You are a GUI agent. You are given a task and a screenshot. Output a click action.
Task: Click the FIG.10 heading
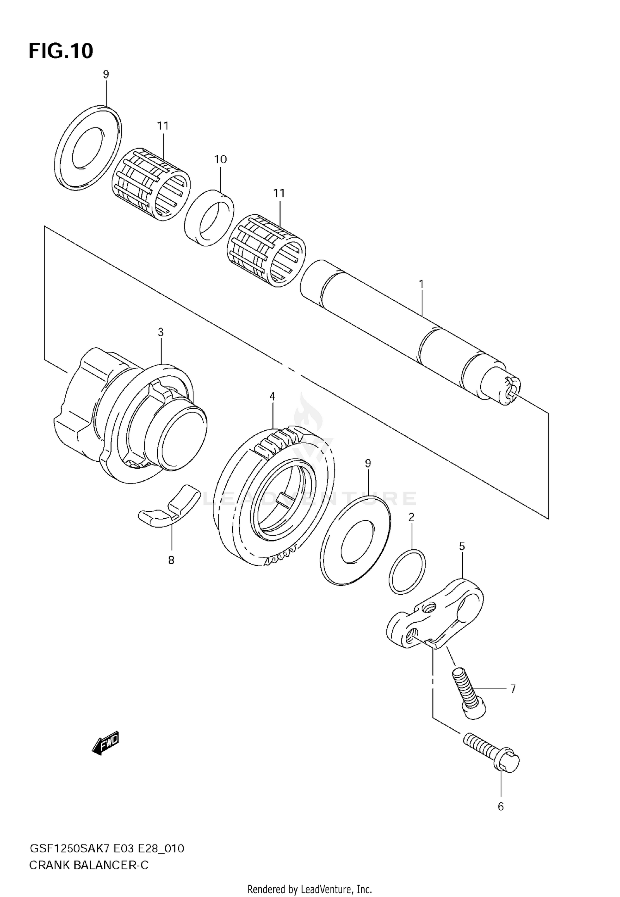(61, 51)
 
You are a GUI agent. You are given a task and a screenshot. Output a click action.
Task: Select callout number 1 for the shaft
(421, 284)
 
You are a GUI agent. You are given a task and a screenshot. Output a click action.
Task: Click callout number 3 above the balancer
(160, 332)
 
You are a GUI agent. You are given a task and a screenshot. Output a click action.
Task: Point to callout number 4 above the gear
(272, 396)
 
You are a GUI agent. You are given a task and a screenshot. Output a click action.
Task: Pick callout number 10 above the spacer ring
(220, 159)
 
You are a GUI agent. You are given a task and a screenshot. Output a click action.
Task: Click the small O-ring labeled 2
(407, 572)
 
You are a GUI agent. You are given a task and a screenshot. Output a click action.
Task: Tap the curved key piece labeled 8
(167, 507)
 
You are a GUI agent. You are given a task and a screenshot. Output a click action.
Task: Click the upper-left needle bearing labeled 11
(151, 184)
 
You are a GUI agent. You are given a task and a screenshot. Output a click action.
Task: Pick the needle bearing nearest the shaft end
(267, 250)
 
